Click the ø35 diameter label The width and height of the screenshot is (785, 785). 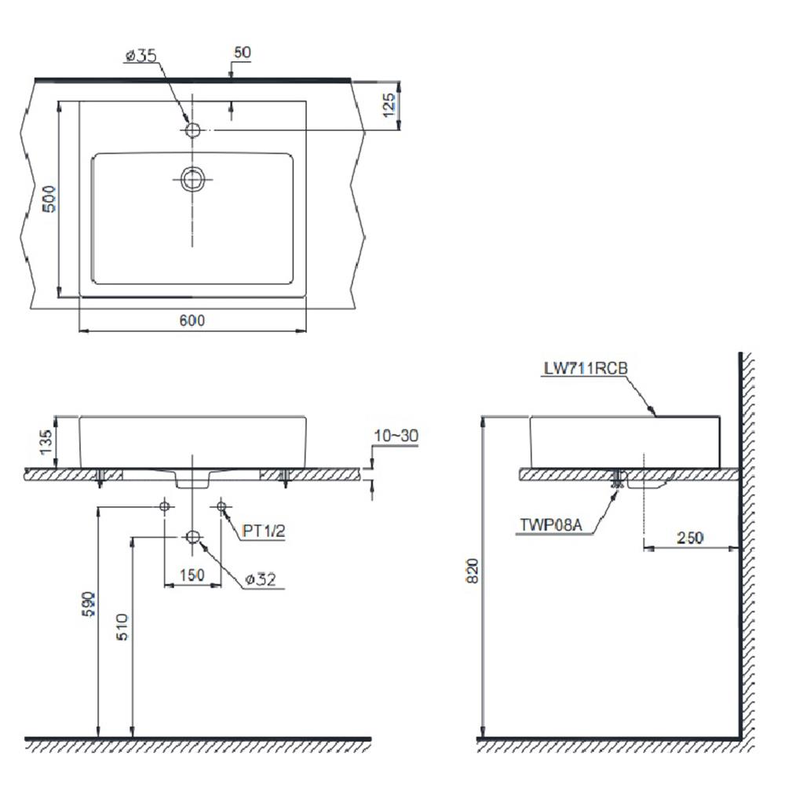click(x=141, y=55)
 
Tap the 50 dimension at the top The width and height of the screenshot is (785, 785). click(x=243, y=52)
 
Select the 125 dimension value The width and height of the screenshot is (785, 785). click(x=389, y=105)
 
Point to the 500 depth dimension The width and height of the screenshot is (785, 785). click(x=49, y=199)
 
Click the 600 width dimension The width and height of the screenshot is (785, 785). click(x=192, y=320)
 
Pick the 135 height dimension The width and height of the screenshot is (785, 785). click(x=46, y=442)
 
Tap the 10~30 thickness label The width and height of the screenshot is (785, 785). click(x=396, y=436)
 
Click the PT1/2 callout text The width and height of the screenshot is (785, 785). click(x=263, y=531)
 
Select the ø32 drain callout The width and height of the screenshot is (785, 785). click(x=261, y=579)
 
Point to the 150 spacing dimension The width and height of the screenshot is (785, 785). click(x=192, y=575)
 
